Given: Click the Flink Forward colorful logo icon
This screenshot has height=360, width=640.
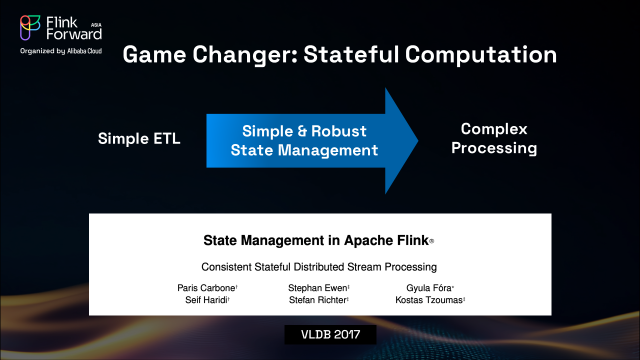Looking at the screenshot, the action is [30, 27].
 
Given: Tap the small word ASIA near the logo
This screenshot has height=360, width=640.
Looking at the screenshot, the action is [96, 25].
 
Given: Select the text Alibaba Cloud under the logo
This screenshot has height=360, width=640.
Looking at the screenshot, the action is [84, 51].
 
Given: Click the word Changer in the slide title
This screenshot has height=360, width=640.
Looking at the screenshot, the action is [245, 55].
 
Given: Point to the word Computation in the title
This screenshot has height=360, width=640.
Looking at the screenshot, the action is [481, 55].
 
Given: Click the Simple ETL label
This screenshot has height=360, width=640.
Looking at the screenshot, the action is [139, 138].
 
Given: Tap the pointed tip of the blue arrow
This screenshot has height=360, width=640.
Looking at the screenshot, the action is [418, 140].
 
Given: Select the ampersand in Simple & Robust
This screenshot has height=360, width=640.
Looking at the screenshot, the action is [302, 131].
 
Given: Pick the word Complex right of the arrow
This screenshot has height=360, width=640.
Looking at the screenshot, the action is [494, 129].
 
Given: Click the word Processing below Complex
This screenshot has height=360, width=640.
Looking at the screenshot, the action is [494, 148].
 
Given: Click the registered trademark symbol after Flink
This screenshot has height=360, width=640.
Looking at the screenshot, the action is [431, 241].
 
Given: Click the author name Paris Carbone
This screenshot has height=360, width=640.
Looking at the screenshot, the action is [206, 288].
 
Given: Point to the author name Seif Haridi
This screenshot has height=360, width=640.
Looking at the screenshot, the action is [206, 300].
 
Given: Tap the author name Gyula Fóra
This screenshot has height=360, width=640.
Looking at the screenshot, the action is [429, 288].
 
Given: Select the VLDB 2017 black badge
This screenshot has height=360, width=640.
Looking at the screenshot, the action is [330, 334].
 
